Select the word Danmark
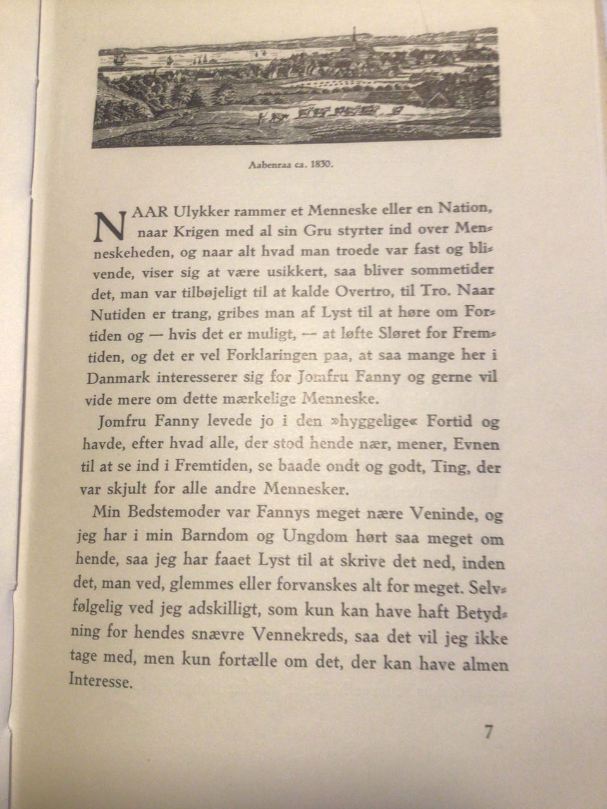pos(116,379)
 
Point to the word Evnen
pos(477,444)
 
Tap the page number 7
pos(488,732)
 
